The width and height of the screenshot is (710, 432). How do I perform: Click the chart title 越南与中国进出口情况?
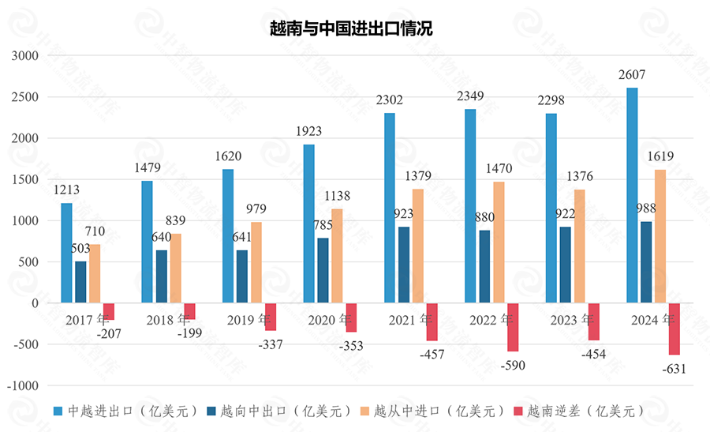tap(351, 29)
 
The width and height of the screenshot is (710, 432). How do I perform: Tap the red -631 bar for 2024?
tap(674, 329)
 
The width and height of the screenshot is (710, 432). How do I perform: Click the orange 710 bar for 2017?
tap(95, 273)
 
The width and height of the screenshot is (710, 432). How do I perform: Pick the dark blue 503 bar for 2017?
tap(80, 282)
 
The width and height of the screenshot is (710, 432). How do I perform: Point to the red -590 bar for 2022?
tap(513, 327)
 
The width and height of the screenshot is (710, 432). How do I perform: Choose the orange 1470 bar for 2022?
tap(499, 242)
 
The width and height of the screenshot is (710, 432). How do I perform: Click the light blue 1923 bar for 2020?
tap(309, 224)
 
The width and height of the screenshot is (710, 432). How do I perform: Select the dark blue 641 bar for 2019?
tap(242, 276)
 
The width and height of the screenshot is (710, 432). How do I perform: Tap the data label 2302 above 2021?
tap(389, 100)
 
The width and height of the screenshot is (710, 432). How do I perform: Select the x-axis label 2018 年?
tap(168, 321)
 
